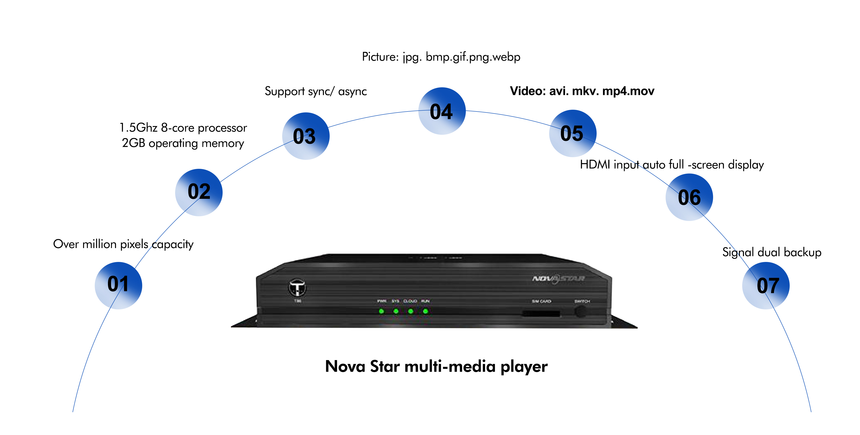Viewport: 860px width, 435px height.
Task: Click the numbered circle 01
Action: tap(118, 285)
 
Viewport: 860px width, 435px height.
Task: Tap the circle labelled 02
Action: tap(199, 192)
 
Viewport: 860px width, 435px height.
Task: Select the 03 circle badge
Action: tap(305, 136)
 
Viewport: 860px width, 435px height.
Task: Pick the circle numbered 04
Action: tap(442, 111)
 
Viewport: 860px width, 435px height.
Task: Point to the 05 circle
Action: tap(573, 133)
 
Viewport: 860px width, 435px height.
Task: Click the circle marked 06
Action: tap(689, 197)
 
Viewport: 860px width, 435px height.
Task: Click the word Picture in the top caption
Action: tap(380, 57)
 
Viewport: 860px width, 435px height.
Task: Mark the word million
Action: tap(99, 244)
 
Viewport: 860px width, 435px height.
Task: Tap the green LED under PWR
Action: tap(381, 311)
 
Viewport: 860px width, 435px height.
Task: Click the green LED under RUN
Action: tap(425, 311)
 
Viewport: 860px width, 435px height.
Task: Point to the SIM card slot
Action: tap(541, 313)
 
